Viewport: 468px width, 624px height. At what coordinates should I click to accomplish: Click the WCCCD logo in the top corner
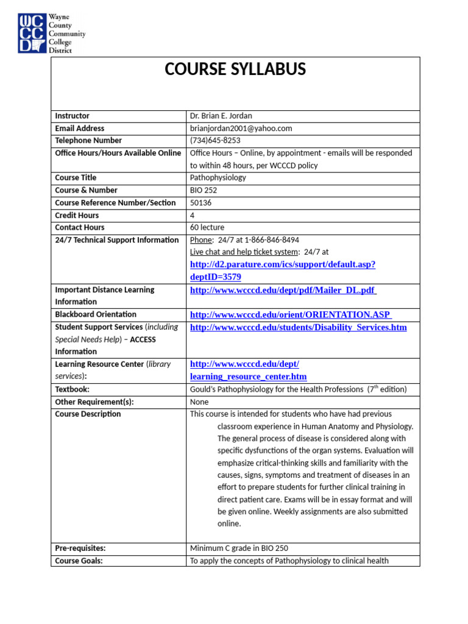(x=51, y=32)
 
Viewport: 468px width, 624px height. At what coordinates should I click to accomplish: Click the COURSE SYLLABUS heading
(x=235, y=70)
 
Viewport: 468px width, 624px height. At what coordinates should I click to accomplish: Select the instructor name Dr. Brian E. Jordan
(x=221, y=116)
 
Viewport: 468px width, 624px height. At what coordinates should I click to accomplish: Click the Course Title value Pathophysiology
(x=218, y=178)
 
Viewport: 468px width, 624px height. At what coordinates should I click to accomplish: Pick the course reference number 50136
(x=201, y=203)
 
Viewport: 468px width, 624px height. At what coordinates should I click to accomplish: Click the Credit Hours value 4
(x=193, y=215)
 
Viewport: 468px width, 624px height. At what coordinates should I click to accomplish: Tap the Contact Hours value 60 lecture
(x=207, y=228)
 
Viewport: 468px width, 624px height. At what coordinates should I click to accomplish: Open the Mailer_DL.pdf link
(x=283, y=290)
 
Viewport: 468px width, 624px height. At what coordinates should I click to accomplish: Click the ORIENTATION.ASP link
(x=290, y=315)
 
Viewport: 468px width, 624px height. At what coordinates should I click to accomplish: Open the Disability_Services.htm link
(x=298, y=328)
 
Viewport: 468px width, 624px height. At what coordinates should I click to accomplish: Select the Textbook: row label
(x=72, y=389)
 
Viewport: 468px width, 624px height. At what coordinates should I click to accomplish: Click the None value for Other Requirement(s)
(x=199, y=402)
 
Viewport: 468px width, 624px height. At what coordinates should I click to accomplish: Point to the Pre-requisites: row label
(x=80, y=548)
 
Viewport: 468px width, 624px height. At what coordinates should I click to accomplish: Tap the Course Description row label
(x=88, y=414)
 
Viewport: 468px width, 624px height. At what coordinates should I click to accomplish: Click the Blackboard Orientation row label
(x=96, y=314)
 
